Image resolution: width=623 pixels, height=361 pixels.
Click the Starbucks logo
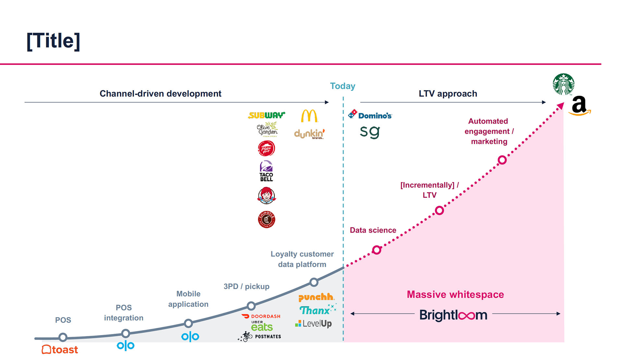click(x=563, y=84)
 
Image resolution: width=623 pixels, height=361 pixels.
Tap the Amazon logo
click(x=580, y=106)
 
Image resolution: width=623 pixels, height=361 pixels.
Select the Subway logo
click(x=266, y=115)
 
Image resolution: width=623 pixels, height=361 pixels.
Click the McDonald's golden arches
click(x=309, y=116)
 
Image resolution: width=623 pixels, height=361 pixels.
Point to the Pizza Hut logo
click(x=266, y=149)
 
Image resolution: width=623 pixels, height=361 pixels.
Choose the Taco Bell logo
click(x=266, y=171)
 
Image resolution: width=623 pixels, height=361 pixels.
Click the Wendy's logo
click(x=266, y=195)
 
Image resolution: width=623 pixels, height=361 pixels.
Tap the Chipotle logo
click(x=266, y=219)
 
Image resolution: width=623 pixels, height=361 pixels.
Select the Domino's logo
click(x=370, y=115)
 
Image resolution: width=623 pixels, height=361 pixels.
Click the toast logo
click(x=60, y=350)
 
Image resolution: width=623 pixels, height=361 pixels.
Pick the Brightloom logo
click(x=453, y=315)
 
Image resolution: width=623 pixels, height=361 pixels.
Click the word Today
click(x=343, y=86)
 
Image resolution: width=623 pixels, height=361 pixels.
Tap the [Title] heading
click(x=53, y=41)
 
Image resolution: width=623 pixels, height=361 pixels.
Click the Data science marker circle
click(x=377, y=250)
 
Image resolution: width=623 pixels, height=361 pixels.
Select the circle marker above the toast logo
click(x=63, y=337)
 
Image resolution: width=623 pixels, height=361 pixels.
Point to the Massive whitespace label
click(x=455, y=294)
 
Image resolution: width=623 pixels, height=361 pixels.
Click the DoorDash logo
click(x=261, y=316)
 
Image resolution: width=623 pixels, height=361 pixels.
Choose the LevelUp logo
click(x=313, y=324)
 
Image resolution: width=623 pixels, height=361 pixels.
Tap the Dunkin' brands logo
click(x=309, y=134)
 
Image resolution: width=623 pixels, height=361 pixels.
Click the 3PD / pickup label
click(x=246, y=286)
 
